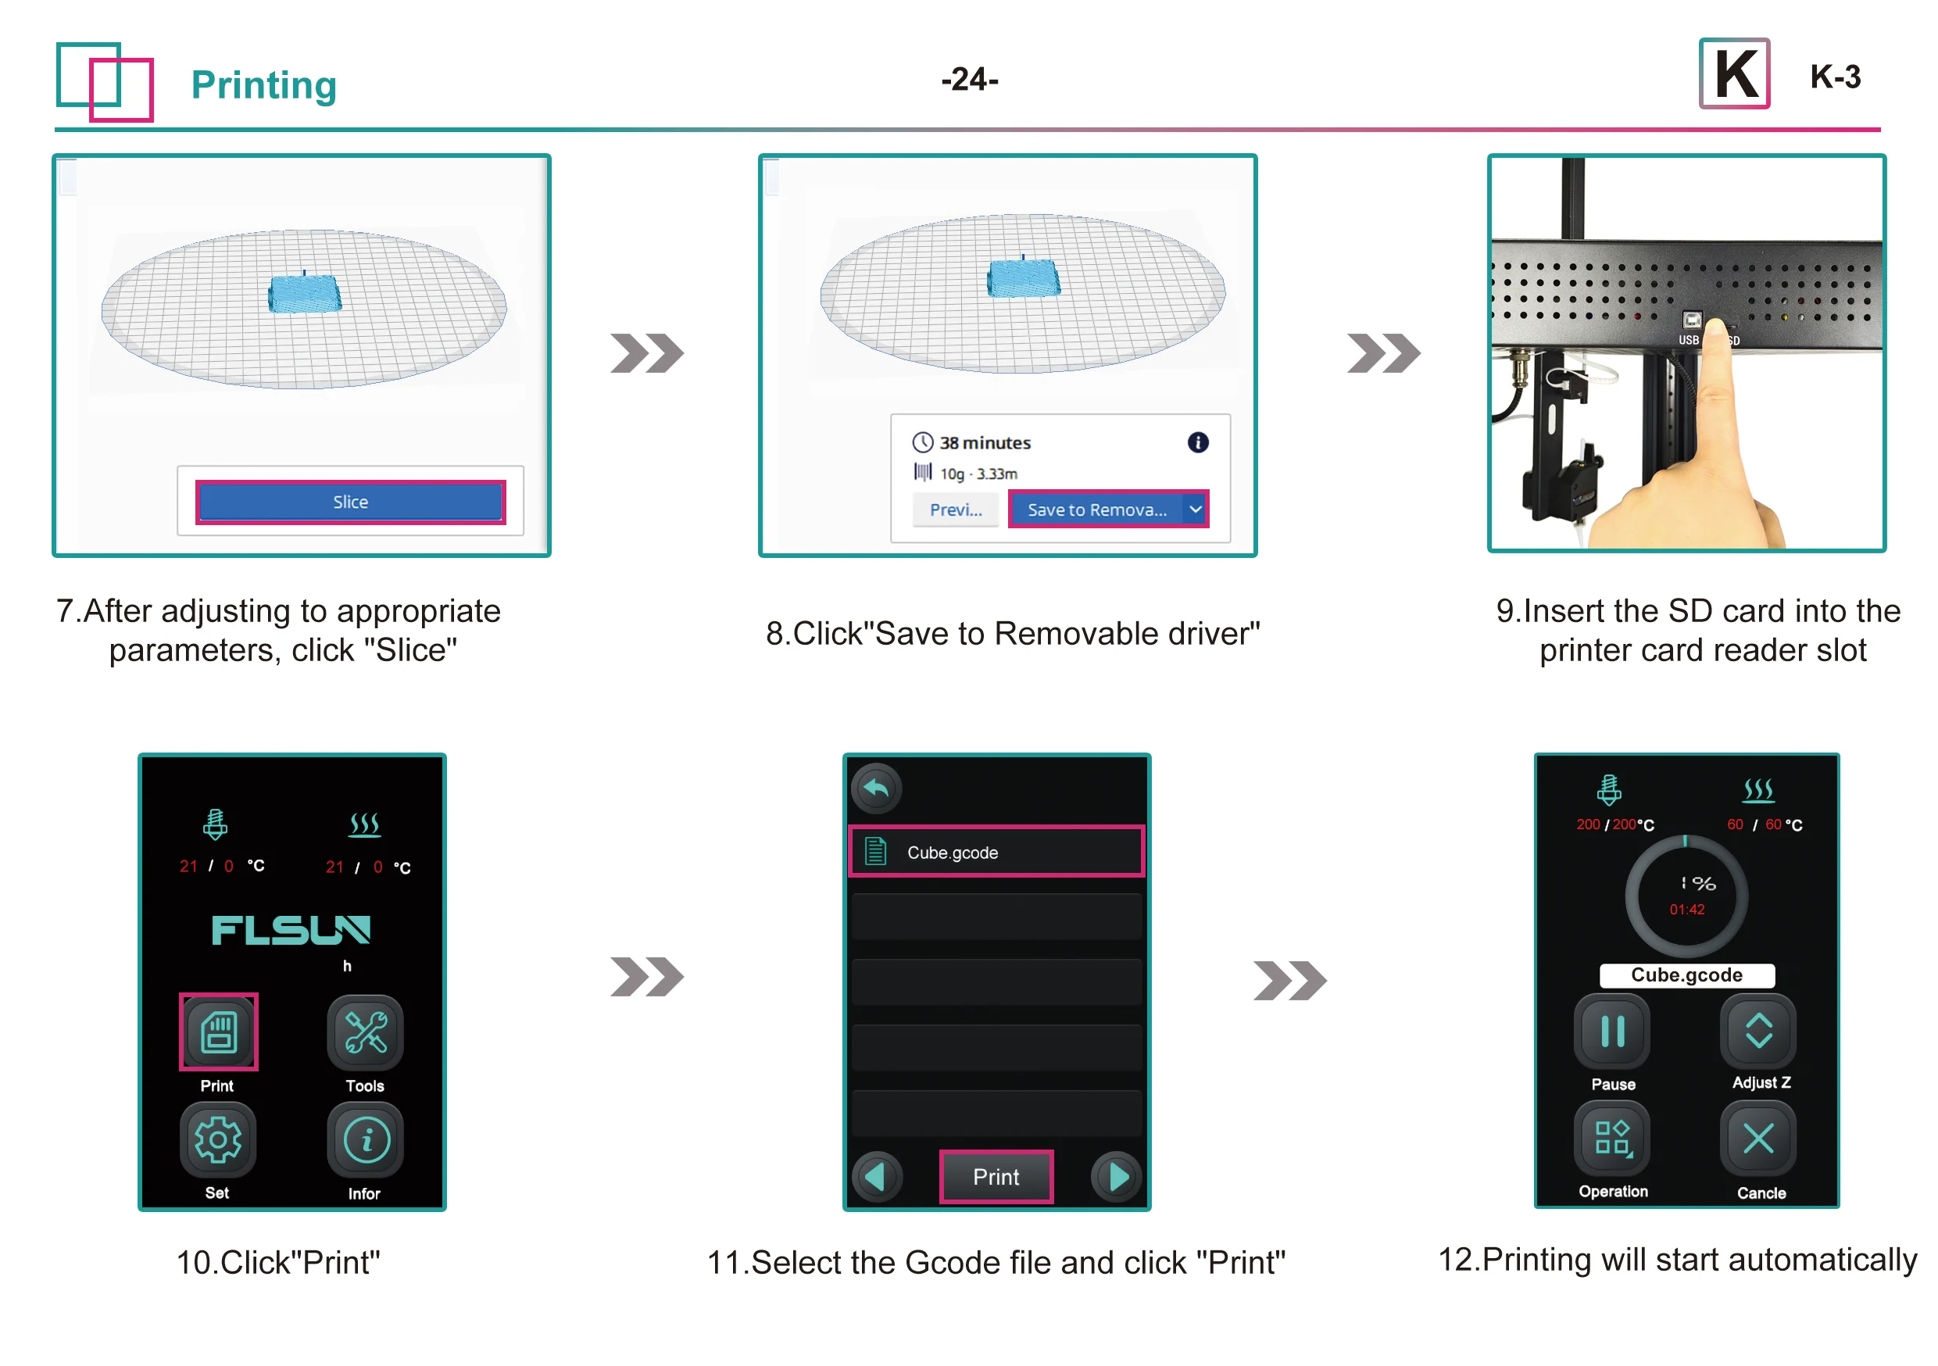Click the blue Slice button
tap(350, 502)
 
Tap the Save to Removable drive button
tap(1096, 510)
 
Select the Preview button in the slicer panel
tap(956, 510)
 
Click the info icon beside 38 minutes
tap(1198, 442)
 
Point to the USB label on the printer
tap(1688, 339)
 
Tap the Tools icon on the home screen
tap(365, 1032)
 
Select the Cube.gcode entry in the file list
tap(996, 852)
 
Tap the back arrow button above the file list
tap(876, 788)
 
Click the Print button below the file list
tap(996, 1177)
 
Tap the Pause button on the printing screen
tap(1612, 1031)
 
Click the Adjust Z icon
tap(1759, 1031)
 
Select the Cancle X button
tap(1759, 1139)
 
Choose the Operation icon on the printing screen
tap(1612, 1139)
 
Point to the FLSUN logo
tap(291, 931)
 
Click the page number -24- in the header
tap(970, 80)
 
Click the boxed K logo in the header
tap(1735, 74)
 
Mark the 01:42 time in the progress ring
tap(1686, 910)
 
